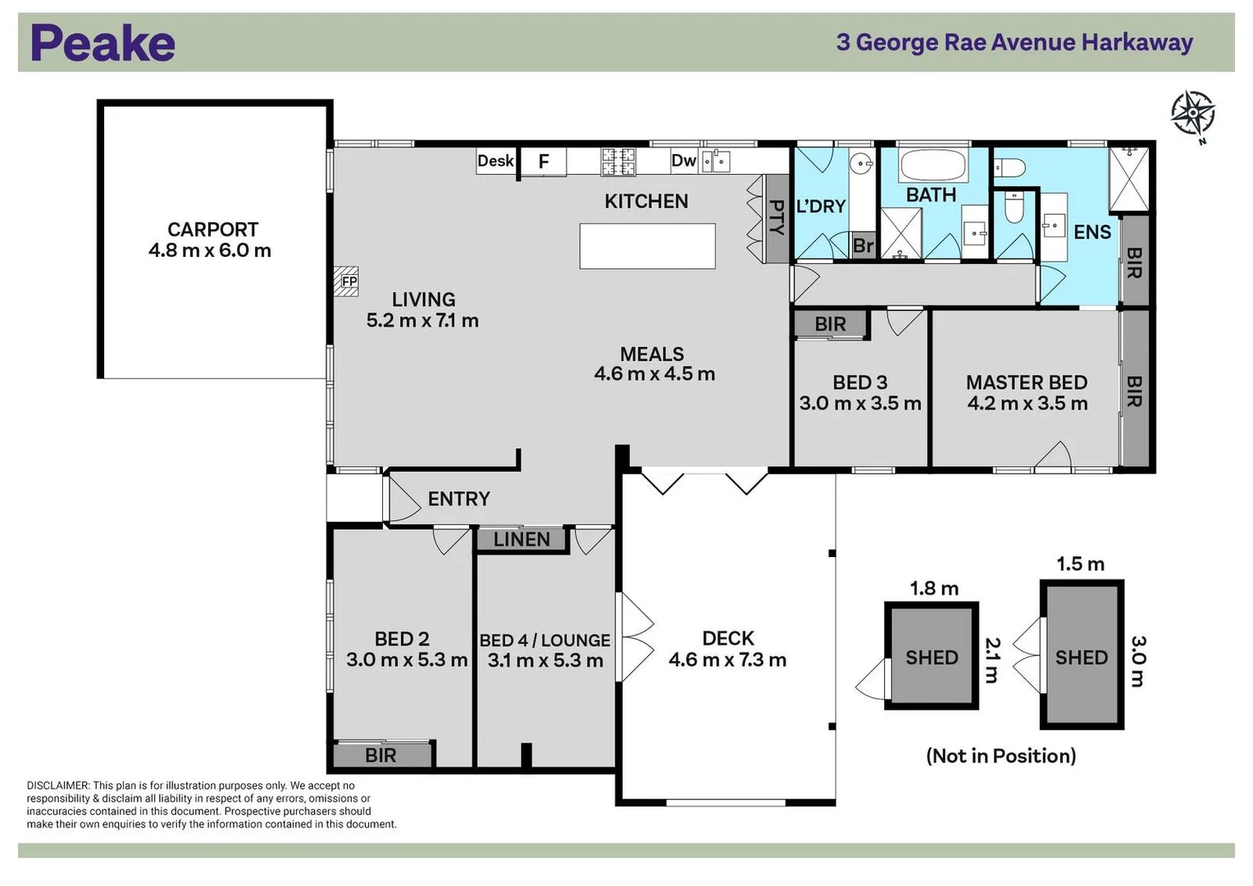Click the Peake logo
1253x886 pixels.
click(x=103, y=43)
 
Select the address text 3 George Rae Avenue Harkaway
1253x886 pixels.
click(x=1014, y=43)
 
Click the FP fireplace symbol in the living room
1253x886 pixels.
click(x=346, y=281)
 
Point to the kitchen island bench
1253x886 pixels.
click(x=647, y=246)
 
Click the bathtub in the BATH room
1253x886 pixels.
click(x=932, y=165)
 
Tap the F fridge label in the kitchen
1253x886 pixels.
click(x=543, y=162)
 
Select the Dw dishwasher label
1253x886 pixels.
click(x=684, y=161)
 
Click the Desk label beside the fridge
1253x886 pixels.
click(x=495, y=161)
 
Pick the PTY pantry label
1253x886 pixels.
click(x=777, y=217)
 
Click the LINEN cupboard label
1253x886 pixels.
click(x=522, y=540)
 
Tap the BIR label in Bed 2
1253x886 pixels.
click(x=380, y=756)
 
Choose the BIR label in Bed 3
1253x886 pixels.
click(x=830, y=324)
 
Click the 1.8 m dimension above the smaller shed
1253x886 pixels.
click(x=934, y=588)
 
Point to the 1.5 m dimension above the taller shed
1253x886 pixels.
click(x=1081, y=564)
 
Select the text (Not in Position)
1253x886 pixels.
click(x=1001, y=756)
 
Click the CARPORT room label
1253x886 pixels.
click(x=212, y=230)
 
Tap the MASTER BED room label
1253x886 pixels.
click(x=1027, y=383)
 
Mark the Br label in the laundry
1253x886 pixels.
click(x=863, y=246)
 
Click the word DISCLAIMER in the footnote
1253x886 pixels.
click(x=57, y=786)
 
